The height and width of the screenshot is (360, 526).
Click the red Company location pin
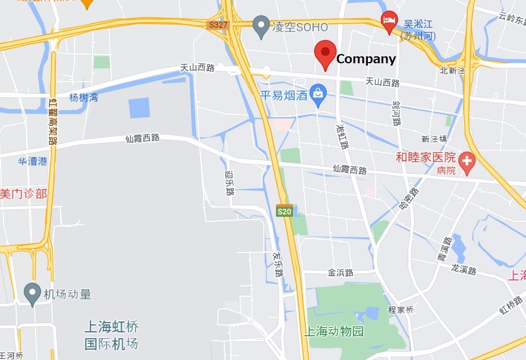click(325, 53)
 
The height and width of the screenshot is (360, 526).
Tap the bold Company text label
click(366, 59)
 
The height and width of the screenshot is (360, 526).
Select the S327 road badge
click(218, 25)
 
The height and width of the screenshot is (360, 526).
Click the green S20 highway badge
click(284, 211)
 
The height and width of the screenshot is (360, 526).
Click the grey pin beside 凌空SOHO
click(262, 25)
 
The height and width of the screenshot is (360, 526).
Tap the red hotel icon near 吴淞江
click(389, 21)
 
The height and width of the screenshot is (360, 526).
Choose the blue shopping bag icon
click(317, 91)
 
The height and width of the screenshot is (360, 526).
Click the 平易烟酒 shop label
click(283, 95)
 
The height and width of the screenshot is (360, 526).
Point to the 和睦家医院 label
click(425, 157)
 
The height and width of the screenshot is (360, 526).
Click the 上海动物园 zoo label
click(333, 331)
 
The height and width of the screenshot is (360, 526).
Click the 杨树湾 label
click(83, 98)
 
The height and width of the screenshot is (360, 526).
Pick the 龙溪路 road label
click(464, 269)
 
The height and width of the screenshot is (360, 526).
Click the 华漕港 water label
click(32, 162)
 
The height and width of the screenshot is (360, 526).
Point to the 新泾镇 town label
click(434, 139)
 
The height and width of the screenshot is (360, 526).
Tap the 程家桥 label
click(401, 309)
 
